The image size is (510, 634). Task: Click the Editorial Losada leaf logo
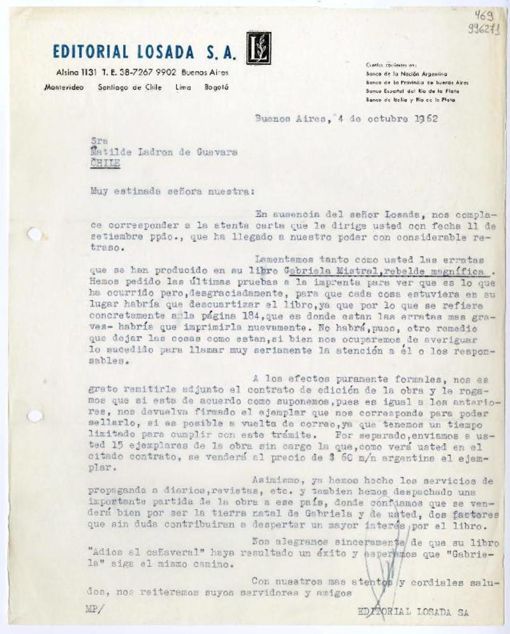[259, 48]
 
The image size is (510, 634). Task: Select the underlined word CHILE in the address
[106, 162]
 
